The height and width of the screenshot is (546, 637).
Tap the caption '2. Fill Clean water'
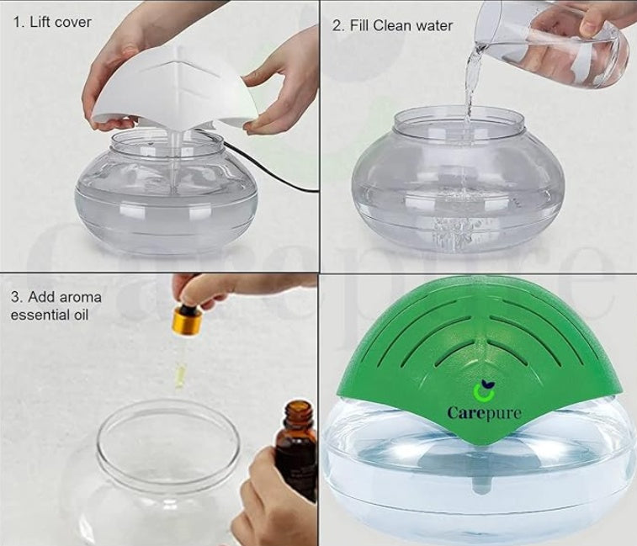click(392, 25)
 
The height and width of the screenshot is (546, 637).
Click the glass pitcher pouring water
click(555, 38)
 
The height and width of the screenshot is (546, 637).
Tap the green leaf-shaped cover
click(488, 345)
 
